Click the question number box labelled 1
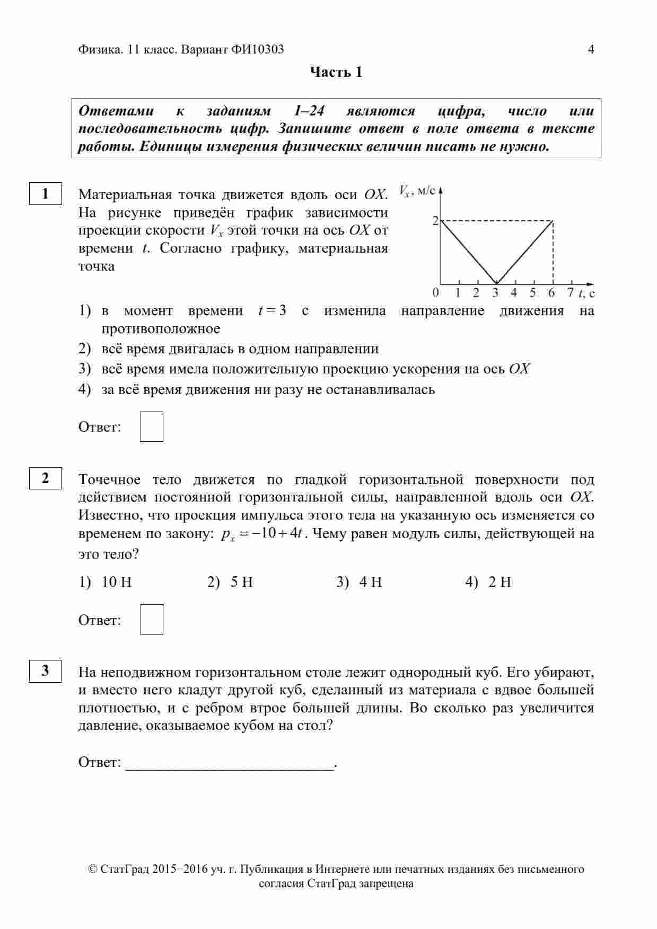(x=45, y=193)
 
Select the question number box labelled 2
(x=45, y=478)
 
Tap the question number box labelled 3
(x=45, y=671)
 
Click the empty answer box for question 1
(x=152, y=426)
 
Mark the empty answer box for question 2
(x=152, y=619)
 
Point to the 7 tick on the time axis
(x=570, y=292)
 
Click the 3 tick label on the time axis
(x=495, y=292)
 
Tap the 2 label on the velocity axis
(x=435, y=220)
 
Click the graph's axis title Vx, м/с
(x=416, y=191)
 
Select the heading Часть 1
(x=336, y=72)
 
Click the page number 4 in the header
(x=591, y=49)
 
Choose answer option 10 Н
(x=116, y=582)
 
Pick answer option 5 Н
(x=241, y=582)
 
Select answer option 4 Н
(x=370, y=582)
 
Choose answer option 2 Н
(x=500, y=582)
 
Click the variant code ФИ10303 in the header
(x=257, y=49)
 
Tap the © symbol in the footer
(x=93, y=869)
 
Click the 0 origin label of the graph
(x=435, y=292)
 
